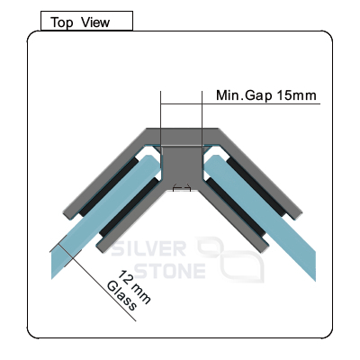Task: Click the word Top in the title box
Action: pos(62,22)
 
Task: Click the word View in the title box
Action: pos(95,22)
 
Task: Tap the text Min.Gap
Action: pos(244,95)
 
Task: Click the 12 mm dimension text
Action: pos(133,287)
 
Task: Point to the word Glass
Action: pos(121,296)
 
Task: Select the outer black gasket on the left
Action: pos(108,187)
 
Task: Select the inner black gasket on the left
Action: pos(129,207)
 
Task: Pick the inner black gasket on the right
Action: pos(237,207)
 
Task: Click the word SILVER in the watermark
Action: pos(148,248)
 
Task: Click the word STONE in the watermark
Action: pos(170,271)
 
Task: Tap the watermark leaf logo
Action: pos(230,260)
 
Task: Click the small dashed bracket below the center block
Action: pos(182,188)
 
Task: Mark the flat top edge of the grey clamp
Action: pos(183,129)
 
